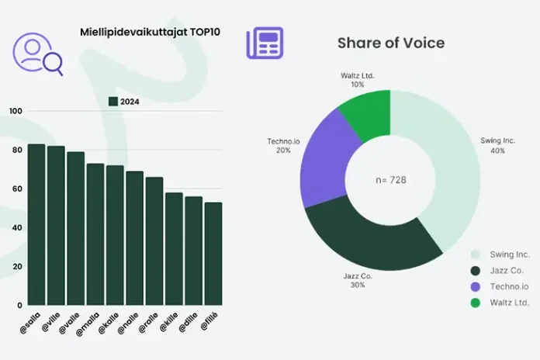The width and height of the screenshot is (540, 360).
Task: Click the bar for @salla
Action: [36, 225]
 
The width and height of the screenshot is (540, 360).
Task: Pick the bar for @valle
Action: [75, 229]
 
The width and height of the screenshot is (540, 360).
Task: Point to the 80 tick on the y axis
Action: [16, 150]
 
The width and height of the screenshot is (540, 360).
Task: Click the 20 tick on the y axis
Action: [16, 266]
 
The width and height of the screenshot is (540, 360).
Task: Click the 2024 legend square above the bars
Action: [112, 102]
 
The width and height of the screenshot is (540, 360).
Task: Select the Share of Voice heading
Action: [390, 43]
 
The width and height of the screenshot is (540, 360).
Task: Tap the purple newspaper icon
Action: [264, 43]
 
